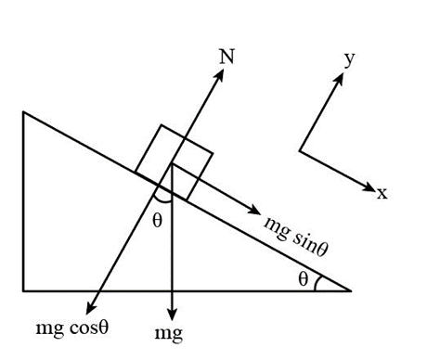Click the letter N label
[x=226, y=57]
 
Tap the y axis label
[x=349, y=58]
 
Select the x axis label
[x=382, y=193]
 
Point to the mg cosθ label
[x=72, y=328]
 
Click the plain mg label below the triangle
[x=169, y=334]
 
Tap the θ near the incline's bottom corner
[x=304, y=279]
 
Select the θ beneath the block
[x=157, y=221]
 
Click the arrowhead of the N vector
[x=219, y=74]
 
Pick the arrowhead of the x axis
[x=369, y=187]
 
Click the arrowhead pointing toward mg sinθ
[x=253, y=210]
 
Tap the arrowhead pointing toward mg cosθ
[x=90, y=308]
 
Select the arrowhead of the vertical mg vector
[x=172, y=314]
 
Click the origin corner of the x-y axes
[x=300, y=151]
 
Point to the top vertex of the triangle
[x=23, y=112]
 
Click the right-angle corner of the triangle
[x=23, y=290]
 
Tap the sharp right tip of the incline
[x=351, y=290]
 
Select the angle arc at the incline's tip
[x=316, y=283]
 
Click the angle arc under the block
[x=162, y=201]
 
